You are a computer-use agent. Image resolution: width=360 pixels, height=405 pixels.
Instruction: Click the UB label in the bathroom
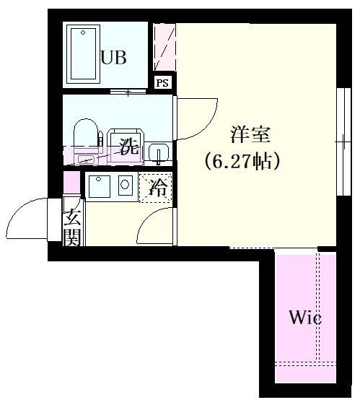pyautogui.click(x=114, y=58)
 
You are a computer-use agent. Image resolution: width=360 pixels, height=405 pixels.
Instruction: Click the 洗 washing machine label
pyautogui.click(x=128, y=149)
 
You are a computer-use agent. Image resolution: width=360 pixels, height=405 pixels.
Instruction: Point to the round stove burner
pyautogui.click(x=125, y=184)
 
